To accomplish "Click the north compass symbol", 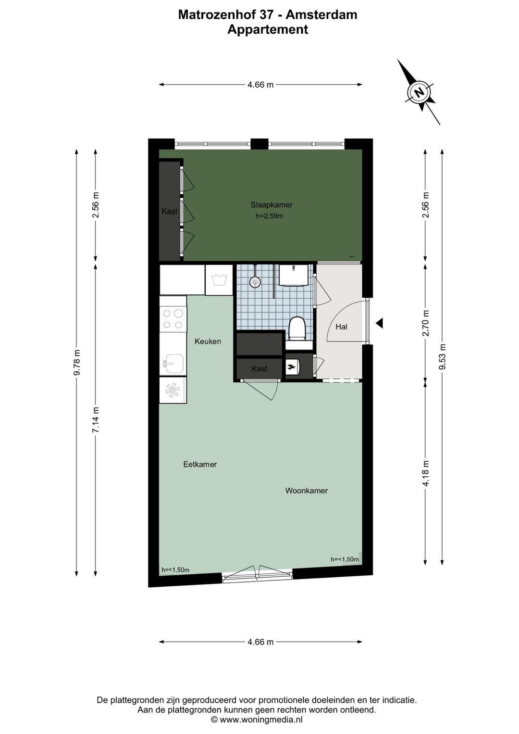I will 419,92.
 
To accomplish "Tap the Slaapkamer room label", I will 272,205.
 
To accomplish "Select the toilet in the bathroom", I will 298,328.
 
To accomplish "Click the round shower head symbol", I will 255,282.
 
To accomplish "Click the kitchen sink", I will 173,363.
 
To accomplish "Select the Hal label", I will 341,327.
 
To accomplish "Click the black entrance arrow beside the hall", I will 379,323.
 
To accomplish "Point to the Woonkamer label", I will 307,491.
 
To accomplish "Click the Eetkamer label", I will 200,464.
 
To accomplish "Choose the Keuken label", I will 208,342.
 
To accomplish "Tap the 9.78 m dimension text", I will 77,365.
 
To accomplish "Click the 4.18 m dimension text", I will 426,473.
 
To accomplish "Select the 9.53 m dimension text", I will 443,357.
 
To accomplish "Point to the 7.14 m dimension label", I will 96,419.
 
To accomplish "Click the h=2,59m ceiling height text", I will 269,216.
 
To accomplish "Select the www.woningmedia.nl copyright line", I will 257,720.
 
